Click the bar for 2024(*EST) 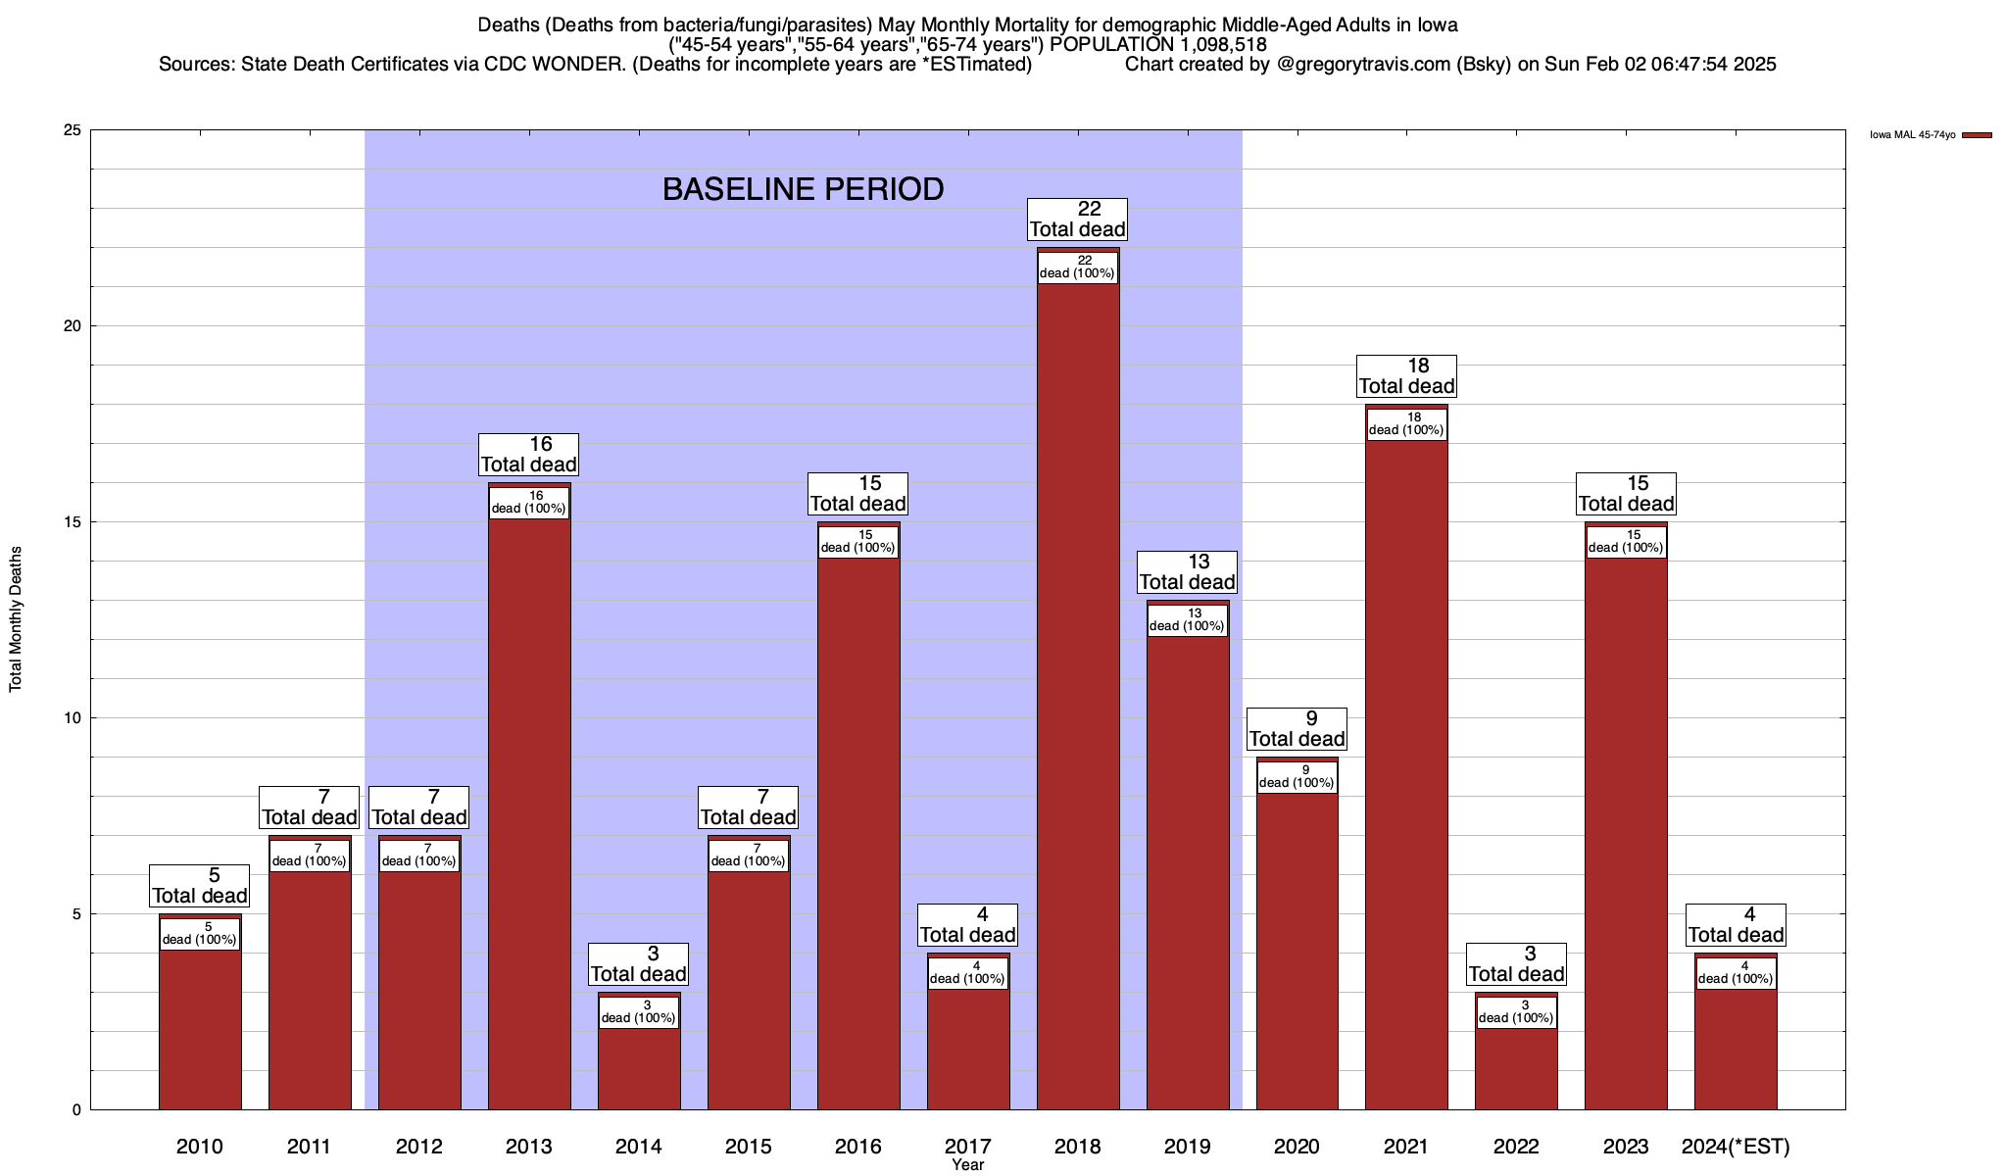click(x=1736, y=1049)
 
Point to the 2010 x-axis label click(x=200, y=1147)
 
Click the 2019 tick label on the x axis click(x=1187, y=1147)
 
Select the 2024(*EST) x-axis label click(x=1736, y=1147)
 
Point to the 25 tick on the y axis click(x=73, y=130)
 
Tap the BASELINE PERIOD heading click(x=803, y=189)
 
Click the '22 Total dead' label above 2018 click(x=1077, y=220)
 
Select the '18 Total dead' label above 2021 click(x=1406, y=376)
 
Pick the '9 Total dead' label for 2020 click(x=1297, y=729)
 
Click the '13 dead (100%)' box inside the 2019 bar click(x=1187, y=620)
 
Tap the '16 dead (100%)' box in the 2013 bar click(x=529, y=503)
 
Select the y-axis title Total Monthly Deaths click(x=16, y=619)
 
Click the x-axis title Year click(x=967, y=1165)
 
